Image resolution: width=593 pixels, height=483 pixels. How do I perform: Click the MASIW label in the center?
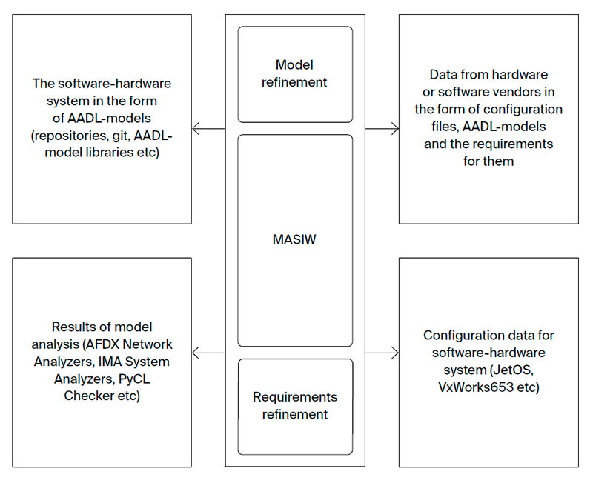tap(295, 241)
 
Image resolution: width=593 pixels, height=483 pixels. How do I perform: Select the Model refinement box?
tap(295, 74)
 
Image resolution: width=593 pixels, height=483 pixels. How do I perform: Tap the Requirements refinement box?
tap(295, 406)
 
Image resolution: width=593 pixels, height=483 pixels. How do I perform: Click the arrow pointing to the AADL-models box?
tap(208, 129)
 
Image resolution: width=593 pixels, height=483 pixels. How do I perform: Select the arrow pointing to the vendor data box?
tap(382, 129)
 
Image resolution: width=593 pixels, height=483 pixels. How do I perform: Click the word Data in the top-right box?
tap(444, 75)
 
